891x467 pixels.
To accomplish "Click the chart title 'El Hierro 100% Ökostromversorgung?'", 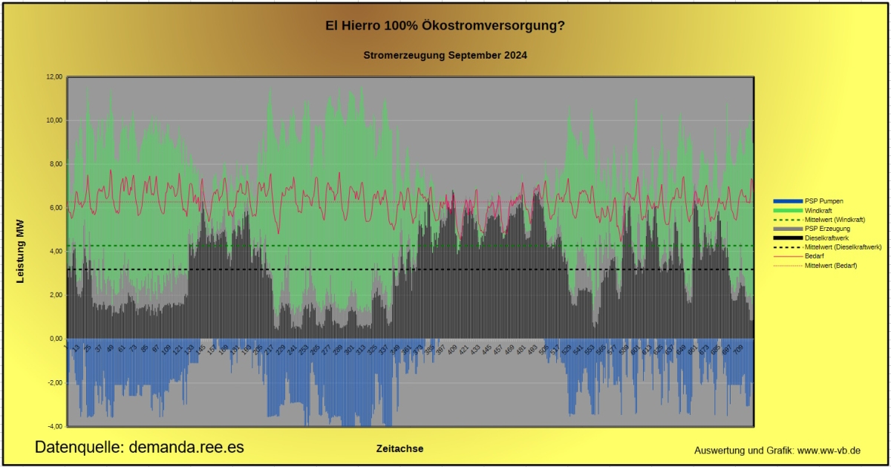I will pyautogui.click(x=445, y=26).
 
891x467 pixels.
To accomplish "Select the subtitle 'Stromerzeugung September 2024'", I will pyautogui.click(x=446, y=55).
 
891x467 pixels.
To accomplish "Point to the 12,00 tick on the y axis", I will pyautogui.click(x=53, y=77).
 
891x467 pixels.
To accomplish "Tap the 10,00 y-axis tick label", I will pyautogui.click(x=53, y=120).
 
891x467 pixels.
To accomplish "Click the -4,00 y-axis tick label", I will pyautogui.click(x=55, y=426).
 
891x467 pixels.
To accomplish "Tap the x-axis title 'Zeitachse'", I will pyautogui.click(x=399, y=448).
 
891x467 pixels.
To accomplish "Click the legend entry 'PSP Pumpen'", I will pyautogui.click(x=823, y=201).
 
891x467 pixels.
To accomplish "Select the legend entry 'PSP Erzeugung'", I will pyautogui.click(x=827, y=229).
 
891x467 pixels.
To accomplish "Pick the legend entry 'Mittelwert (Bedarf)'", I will pyautogui.click(x=831, y=265).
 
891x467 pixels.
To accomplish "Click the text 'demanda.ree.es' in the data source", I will pyautogui.click(x=186, y=447).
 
